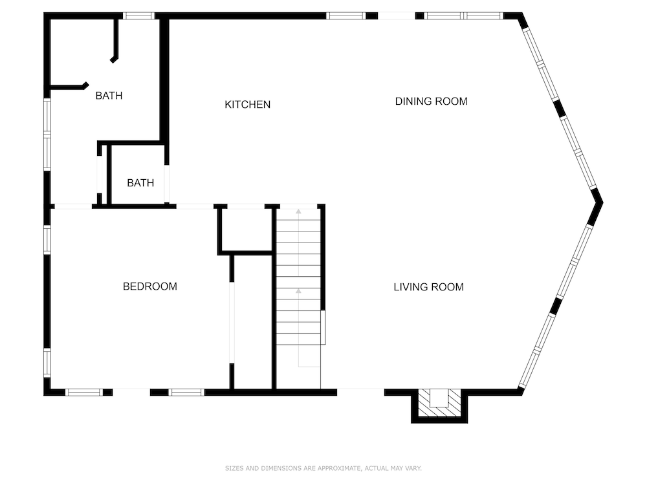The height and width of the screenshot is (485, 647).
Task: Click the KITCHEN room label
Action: (x=248, y=104)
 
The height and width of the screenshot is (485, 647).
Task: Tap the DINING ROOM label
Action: (x=431, y=101)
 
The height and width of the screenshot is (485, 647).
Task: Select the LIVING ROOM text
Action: (x=428, y=286)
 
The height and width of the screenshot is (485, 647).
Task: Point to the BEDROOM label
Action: (x=150, y=286)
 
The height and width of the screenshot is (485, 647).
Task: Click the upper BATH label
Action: (x=109, y=95)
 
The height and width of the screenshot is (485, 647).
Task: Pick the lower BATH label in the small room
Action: (x=140, y=183)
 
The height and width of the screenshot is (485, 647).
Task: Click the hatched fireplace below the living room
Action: (x=439, y=402)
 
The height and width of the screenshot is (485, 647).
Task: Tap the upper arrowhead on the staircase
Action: (x=298, y=211)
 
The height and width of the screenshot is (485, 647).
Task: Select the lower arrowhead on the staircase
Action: (x=298, y=291)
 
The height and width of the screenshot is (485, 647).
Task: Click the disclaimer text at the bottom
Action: (x=323, y=468)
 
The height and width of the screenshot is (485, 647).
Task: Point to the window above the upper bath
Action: (x=138, y=16)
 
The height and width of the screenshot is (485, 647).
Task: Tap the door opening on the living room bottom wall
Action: (x=360, y=393)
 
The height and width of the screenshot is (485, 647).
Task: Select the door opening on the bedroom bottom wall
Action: (x=131, y=393)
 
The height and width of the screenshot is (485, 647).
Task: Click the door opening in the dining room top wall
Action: (x=397, y=16)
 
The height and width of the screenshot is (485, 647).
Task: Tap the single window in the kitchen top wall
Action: (x=345, y=16)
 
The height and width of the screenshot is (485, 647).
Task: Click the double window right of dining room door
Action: (x=464, y=16)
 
